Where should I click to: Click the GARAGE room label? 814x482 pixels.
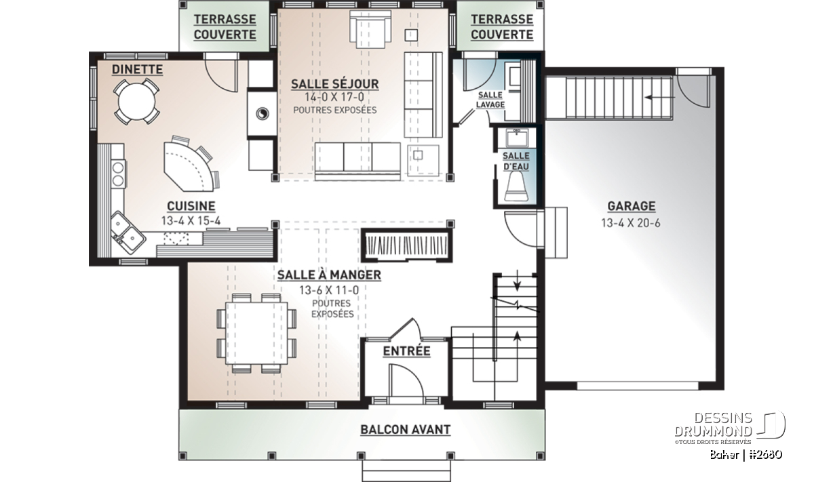coord(632,206)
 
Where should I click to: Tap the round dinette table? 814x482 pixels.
coord(136,101)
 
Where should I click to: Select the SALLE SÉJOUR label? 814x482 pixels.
coord(334,84)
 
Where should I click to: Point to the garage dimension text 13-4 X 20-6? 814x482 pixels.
coord(631,222)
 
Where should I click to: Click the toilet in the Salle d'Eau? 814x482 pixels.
coord(516,186)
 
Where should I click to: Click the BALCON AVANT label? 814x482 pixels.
coord(405,430)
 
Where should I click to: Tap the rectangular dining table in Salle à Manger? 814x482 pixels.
coord(256,333)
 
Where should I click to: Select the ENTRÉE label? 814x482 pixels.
coord(406,351)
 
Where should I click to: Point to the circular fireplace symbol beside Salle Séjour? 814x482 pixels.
coord(263,114)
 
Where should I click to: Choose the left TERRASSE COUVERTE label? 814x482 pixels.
coord(225,27)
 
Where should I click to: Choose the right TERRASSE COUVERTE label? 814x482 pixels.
coord(502,27)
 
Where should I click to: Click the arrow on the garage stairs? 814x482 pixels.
coord(659,98)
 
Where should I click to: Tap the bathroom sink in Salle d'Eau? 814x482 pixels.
coord(516,138)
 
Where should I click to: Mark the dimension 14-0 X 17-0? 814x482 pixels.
coord(334,98)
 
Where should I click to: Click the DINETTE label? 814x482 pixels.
coord(137,69)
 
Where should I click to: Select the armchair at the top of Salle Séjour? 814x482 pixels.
coord(370,29)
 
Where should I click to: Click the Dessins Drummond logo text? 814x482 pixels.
coord(714,424)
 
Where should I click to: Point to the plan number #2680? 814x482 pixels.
coord(766,455)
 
